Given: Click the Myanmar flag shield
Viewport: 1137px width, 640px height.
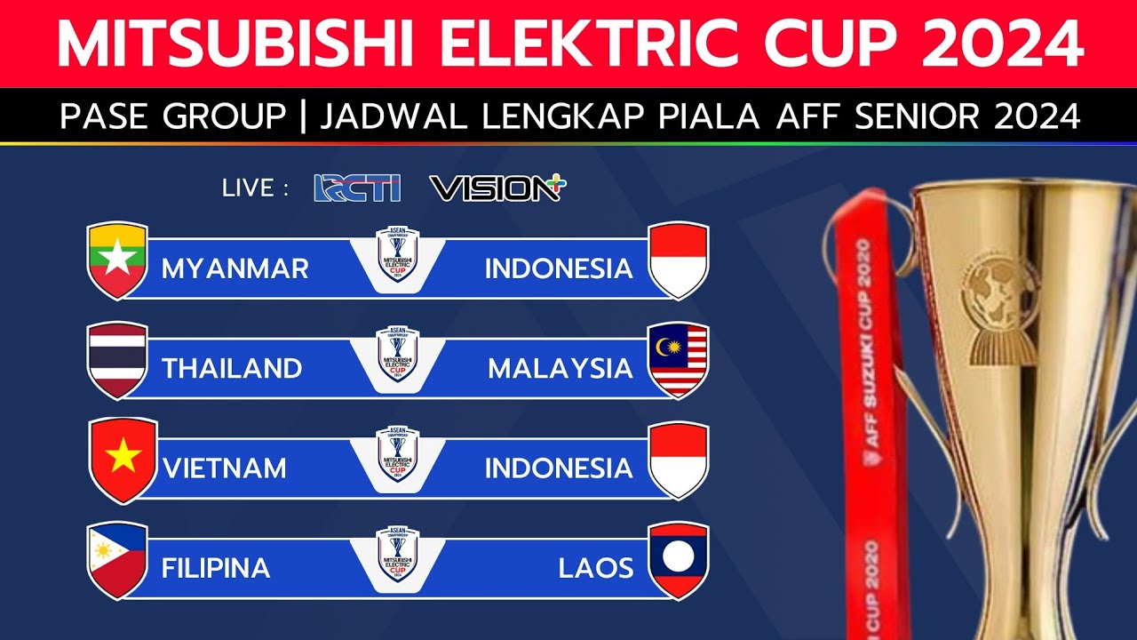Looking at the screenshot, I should click(117, 260).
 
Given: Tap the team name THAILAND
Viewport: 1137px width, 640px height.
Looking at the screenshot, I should click(232, 368).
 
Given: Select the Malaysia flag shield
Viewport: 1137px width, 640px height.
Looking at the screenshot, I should click(679, 360).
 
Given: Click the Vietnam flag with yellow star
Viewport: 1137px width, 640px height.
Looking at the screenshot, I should click(123, 459).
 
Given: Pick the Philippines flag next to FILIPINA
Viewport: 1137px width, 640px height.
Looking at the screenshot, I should click(117, 559).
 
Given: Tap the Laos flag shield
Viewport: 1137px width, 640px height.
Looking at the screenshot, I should click(679, 559).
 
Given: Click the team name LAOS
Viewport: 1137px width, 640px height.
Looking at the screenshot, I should click(596, 568).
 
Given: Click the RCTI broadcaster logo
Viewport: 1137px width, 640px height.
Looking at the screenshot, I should click(357, 188).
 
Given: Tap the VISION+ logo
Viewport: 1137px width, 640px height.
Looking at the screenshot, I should click(497, 188).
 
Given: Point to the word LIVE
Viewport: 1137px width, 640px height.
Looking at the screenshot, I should click(248, 188).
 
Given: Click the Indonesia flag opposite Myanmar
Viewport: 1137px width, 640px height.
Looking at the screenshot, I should click(679, 260).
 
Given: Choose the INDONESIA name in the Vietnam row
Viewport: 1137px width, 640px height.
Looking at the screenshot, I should click(559, 468).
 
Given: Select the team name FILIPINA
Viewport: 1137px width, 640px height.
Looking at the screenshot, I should click(216, 568).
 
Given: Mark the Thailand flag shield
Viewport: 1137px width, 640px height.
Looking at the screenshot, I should click(117, 360).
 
